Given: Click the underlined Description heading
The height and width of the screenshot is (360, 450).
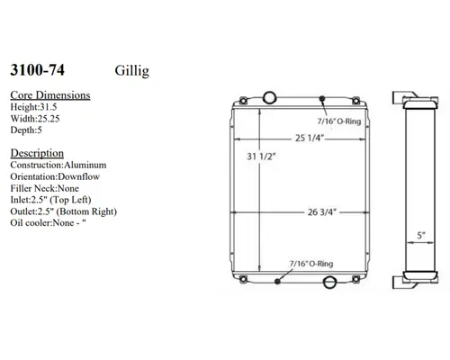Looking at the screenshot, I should point(36,153).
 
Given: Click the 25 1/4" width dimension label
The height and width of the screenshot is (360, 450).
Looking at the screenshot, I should point(308,139).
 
